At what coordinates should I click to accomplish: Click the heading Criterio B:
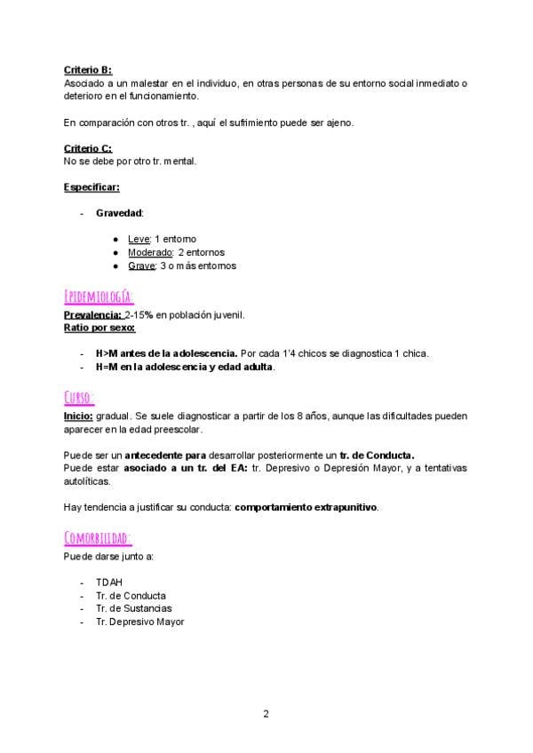[88, 70]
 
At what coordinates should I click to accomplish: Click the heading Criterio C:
[88, 148]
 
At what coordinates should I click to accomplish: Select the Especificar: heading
[91, 187]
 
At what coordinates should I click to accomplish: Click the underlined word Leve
[139, 240]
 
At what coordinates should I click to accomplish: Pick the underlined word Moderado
[150, 253]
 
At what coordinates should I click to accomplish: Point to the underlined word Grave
[142, 266]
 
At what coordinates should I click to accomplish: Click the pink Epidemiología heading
[99, 296]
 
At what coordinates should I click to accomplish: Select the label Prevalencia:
[93, 315]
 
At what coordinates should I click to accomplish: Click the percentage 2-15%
[141, 315]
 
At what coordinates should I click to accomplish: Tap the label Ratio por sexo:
[99, 328]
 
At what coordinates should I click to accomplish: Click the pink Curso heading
[80, 396]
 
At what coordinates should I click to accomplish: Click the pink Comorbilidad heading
[99, 538]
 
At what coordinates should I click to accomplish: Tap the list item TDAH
[109, 583]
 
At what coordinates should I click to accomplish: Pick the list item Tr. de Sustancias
[134, 609]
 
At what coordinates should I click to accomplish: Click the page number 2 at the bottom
[266, 713]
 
